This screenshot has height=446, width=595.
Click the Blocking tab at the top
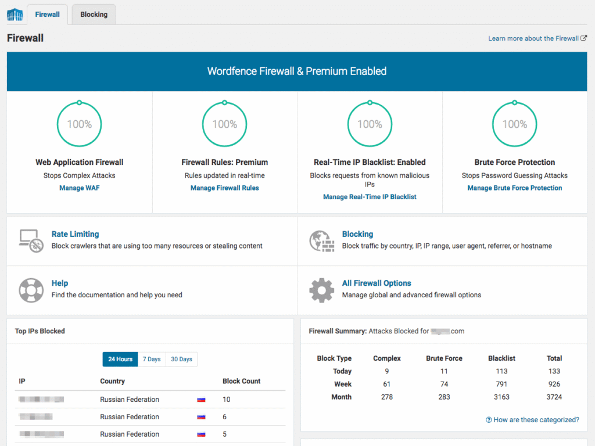click(94, 15)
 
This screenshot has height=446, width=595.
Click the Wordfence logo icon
click(15, 15)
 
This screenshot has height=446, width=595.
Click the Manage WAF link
click(80, 188)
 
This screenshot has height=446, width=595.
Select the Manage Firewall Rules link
click(225, 188)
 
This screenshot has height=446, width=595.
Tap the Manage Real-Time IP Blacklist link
click(370, 197)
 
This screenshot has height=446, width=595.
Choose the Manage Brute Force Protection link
click(515, 188)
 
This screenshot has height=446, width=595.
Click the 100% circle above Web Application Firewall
click(80, 124)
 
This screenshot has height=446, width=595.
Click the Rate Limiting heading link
click(75, 234)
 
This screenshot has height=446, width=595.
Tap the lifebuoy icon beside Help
click(30, 289)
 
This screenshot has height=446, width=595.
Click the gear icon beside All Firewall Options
click(321, 289)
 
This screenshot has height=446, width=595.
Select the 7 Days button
click(152, 359)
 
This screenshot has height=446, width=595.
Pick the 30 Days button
click(181, 359)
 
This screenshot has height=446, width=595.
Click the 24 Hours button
click(120, 359)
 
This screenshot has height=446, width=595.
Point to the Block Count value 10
click(227, 400)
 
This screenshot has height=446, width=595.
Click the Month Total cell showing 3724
click(554, 397)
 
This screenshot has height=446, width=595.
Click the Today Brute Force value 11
click(444, 371)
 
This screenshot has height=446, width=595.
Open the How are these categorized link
click(532, 420)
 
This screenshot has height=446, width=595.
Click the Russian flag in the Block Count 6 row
click(202, 417)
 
